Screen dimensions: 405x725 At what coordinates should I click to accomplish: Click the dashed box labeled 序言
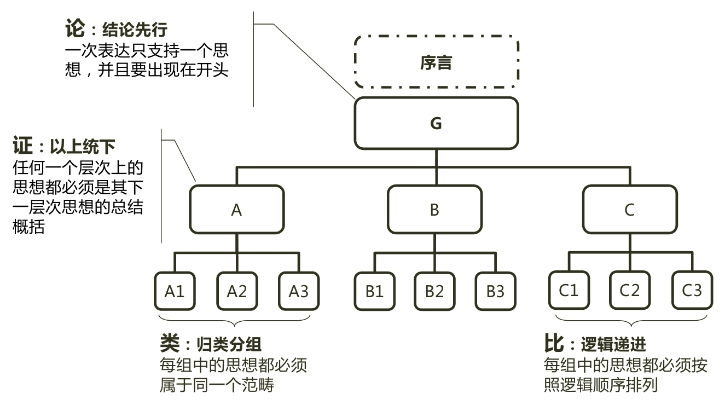436,62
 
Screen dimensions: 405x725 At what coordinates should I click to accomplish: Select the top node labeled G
436,124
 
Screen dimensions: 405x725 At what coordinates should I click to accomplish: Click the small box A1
175,291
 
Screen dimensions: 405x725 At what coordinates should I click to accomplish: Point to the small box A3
298,291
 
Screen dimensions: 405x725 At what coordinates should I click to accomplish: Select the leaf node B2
434,291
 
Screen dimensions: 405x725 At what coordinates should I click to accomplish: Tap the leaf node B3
495,291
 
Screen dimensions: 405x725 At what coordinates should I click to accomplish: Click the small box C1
569,290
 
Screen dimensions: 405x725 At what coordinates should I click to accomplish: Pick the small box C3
692,290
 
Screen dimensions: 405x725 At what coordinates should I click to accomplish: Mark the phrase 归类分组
229,344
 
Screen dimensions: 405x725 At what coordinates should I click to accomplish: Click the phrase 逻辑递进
613,344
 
